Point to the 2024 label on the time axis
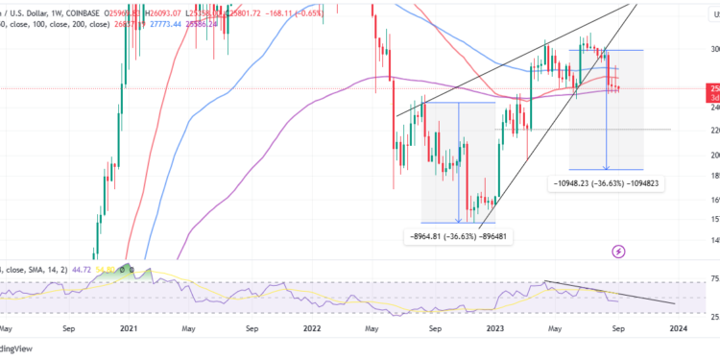point(678,328)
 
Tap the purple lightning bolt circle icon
point(618,252)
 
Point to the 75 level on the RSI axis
point(711,279)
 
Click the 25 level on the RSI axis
point(711,315)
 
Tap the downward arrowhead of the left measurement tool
point(459,220)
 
